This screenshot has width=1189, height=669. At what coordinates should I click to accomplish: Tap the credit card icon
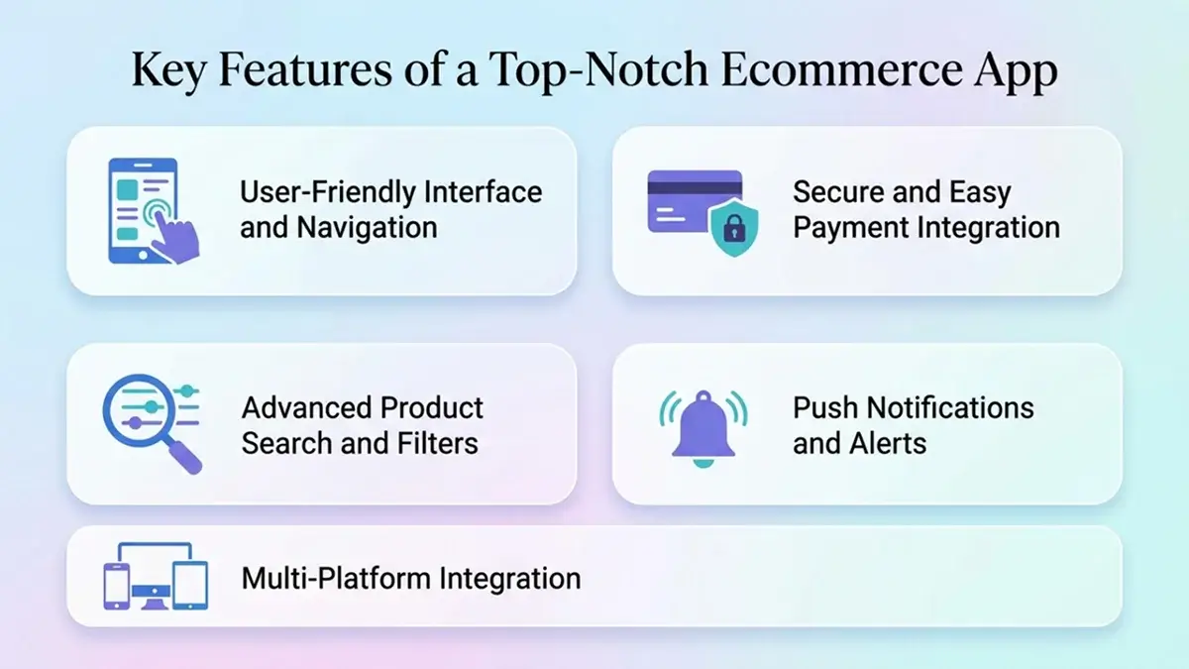point(694,200)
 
